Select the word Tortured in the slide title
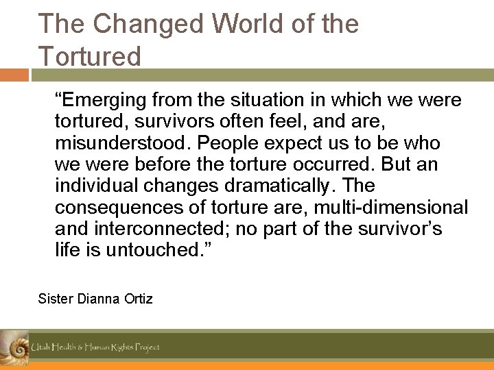89,56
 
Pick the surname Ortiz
138,299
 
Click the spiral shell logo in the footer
14,346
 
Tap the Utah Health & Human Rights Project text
95,347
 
